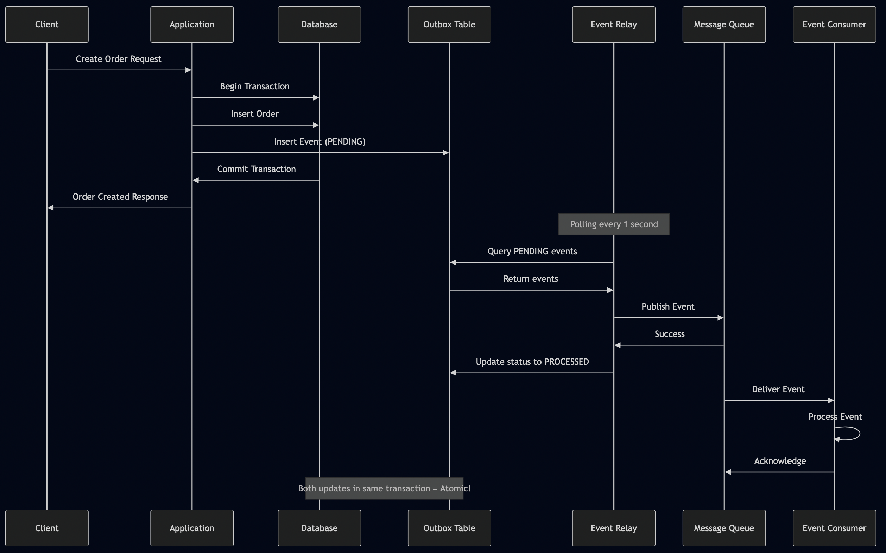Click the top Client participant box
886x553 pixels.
click(x=47, y=25)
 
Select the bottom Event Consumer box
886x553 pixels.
click(x=834, y=528)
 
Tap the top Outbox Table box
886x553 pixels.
click(x=449, y=25)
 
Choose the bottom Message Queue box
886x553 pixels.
click(x=723, y=528)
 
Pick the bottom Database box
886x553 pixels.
click(x=319, y=528)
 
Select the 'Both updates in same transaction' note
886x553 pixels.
click(x=384, y=488)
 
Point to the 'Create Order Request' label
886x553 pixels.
click(x=118, y=59)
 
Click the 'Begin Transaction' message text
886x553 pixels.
click(x=255, y=86)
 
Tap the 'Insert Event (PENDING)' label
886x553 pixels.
click(x=320, y=141)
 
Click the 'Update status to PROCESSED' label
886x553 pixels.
click(x=532, y=362)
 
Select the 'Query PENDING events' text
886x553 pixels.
click(x=532, y=251)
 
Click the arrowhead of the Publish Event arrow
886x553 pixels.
click(x=720, y=318)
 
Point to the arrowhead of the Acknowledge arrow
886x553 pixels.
click(x=728, y=472)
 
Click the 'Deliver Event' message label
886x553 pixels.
click(x=778, y=389)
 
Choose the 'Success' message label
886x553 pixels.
click(x=670, y=334)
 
